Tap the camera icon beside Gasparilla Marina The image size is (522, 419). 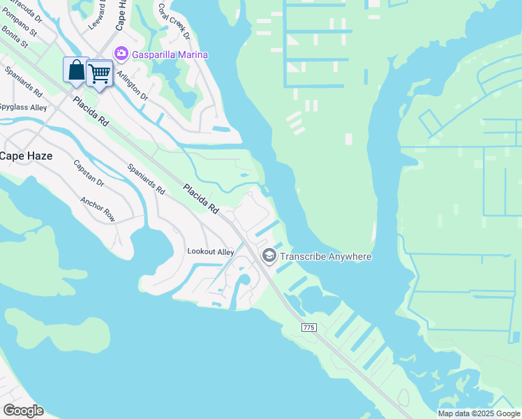[x=121, y=54]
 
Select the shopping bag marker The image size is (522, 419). [x=76, y=71]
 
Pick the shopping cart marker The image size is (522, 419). [x=100, y=73]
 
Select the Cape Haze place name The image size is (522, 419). [x=26, y=156]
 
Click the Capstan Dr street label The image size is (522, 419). [x=89, y=173]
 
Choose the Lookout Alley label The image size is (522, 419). [x=210, y=251]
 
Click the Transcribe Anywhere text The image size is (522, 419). [x=326, y=256]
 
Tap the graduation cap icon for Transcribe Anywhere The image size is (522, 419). [x=269, y=256]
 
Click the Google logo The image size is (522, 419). [x=23, y=411]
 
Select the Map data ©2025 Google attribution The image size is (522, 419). [x=479, y=413]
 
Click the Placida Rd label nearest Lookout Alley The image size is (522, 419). [x=202, y=199]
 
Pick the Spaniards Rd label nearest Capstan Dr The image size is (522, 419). [x=147, y=179]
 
